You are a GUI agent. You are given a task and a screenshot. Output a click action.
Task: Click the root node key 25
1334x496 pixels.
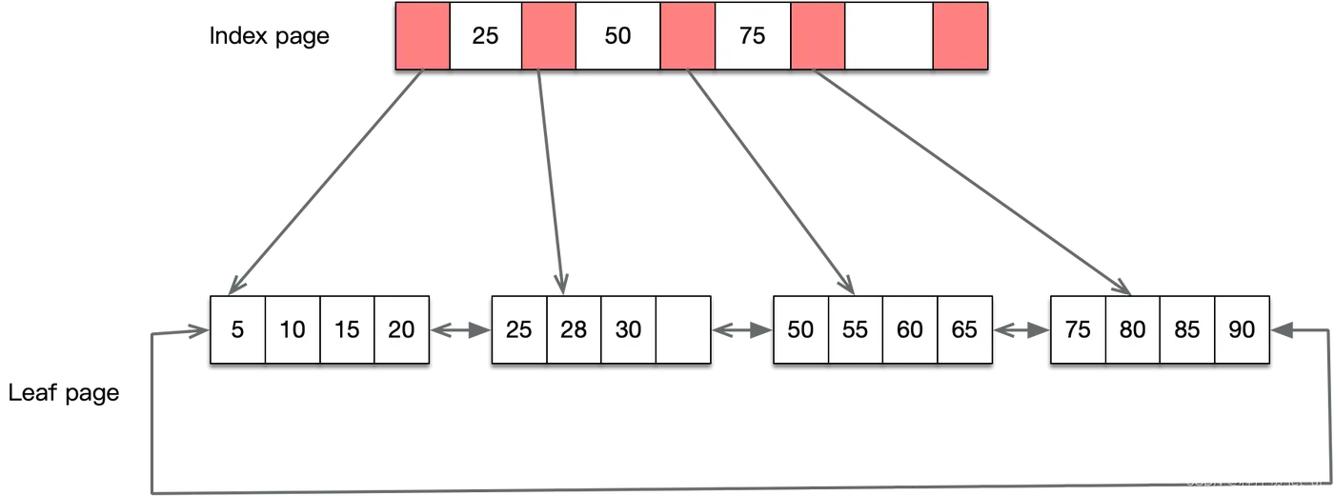485,36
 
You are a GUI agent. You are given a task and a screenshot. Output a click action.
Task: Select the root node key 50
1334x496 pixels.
617,36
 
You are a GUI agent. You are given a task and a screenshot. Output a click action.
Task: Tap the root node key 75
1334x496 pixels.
752,36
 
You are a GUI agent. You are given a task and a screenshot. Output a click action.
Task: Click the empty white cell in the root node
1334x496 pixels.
888,36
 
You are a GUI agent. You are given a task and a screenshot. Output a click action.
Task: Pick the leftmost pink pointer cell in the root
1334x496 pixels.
423,36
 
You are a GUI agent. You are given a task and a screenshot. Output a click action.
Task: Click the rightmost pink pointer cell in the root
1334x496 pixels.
960,36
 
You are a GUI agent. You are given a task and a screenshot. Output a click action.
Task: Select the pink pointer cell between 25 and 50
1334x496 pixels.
549,36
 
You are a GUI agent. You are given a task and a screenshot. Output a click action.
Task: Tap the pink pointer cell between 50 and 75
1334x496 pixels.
687,36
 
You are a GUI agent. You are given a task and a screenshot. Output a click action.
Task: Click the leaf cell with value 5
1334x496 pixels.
237,329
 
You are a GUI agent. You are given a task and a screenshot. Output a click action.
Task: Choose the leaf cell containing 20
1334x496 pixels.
402,329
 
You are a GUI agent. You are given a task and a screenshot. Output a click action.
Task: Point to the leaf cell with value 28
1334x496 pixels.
574,329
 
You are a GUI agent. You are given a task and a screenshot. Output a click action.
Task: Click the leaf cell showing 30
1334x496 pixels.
628,329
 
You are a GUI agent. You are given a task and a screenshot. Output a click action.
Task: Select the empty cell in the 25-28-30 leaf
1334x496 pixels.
683,329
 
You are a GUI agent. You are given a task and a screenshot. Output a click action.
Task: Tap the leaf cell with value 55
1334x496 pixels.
855,329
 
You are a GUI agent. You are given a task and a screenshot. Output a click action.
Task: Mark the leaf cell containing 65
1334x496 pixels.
964,329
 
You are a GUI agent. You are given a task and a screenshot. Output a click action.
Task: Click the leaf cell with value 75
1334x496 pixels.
1078,329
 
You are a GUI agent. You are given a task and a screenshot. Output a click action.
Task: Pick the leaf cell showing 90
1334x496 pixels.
1242,329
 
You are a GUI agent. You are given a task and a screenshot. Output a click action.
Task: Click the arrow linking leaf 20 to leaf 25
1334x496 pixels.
461,330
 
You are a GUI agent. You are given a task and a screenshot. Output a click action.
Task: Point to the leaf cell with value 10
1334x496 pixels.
293,329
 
